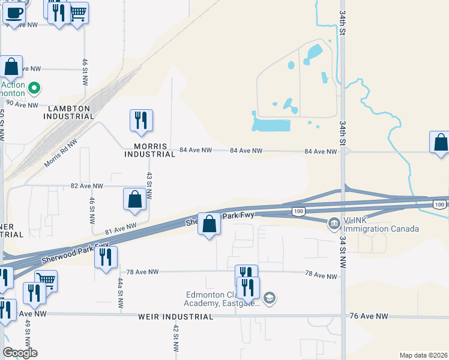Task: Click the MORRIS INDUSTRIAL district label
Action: coord(149,150)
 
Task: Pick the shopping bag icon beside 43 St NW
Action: coord(135,199)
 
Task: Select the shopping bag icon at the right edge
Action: coord(441,143)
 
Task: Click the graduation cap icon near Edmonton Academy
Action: coord(270,298)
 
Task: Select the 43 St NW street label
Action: coord(149,187)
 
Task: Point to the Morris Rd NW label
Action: coord(61,155)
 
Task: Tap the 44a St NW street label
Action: coord(120,293)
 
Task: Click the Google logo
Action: coord(20,353)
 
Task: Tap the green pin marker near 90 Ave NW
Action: coord(34,89)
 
